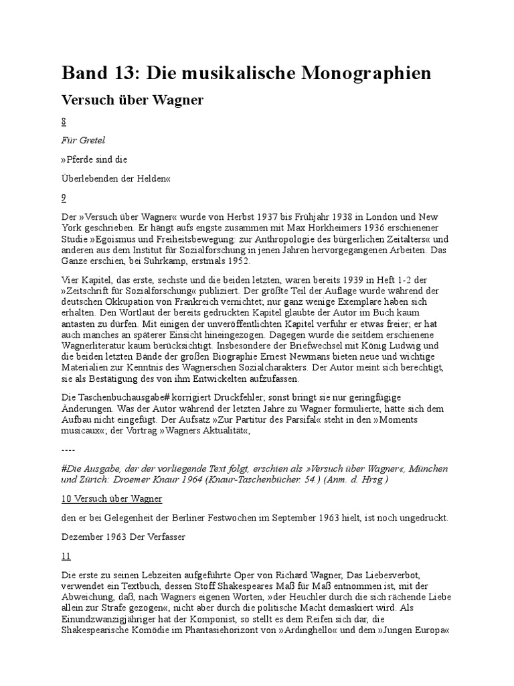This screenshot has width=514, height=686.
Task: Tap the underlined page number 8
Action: (64, 123)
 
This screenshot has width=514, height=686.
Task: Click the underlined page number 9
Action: (64, 198)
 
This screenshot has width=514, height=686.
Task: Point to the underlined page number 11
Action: (66, 555)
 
